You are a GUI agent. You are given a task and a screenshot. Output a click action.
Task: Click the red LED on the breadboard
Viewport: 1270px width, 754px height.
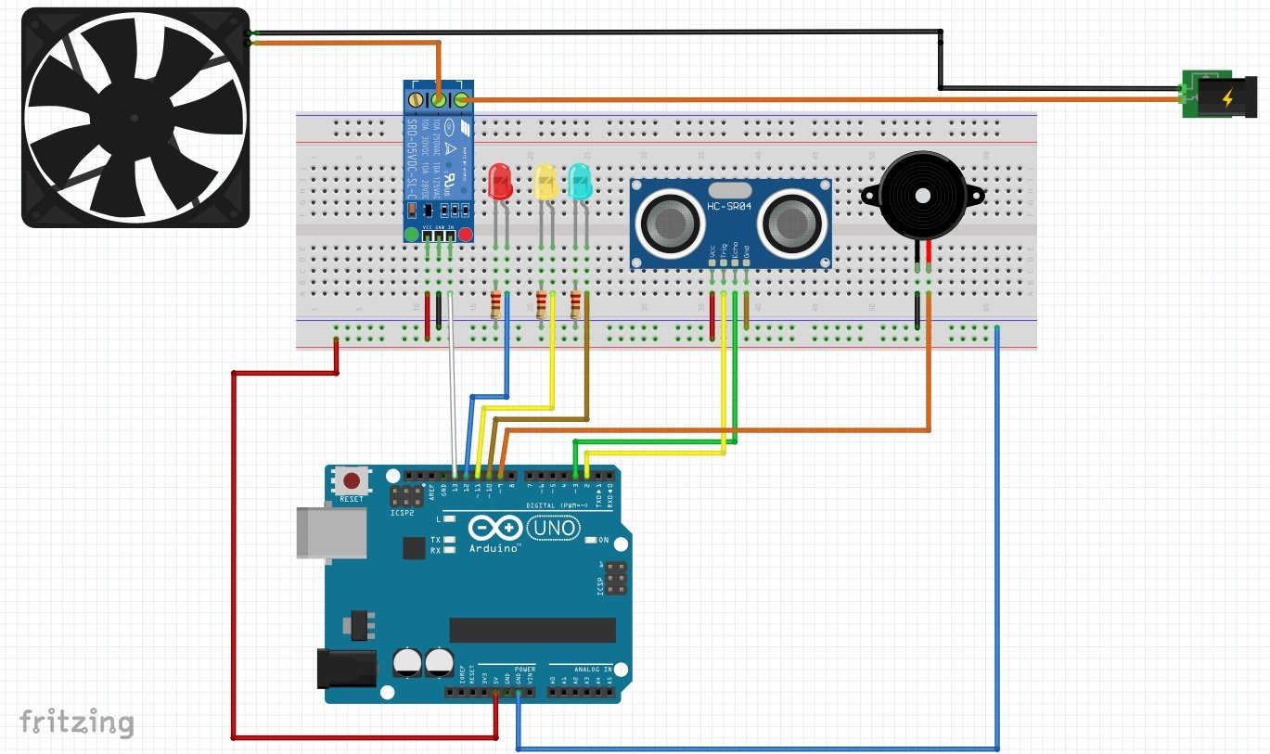500,181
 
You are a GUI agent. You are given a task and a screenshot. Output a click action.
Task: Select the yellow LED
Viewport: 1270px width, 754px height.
545,181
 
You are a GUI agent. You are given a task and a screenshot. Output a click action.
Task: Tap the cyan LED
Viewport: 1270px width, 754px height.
579,181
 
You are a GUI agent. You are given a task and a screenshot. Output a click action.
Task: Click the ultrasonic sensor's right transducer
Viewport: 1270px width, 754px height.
790,221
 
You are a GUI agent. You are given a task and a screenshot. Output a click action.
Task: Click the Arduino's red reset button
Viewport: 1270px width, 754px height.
353,481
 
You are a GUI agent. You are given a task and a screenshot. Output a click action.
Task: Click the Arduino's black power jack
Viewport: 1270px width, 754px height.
346,668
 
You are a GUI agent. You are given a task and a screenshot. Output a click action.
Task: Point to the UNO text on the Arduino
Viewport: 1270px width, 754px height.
554,529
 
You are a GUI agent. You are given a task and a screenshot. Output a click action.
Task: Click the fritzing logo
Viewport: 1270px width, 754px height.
77,722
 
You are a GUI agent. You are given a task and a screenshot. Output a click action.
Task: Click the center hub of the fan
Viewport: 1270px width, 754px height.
135,118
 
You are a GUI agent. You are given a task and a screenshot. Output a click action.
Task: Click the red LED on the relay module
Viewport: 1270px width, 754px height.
466,235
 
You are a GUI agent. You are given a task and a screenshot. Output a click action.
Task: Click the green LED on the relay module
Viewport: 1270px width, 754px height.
411,235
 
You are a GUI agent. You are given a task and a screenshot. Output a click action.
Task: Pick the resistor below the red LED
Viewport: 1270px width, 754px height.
495,303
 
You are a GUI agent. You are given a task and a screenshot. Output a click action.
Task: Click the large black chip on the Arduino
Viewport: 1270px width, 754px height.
532,630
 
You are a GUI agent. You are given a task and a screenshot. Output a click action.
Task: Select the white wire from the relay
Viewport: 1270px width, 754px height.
452,390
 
